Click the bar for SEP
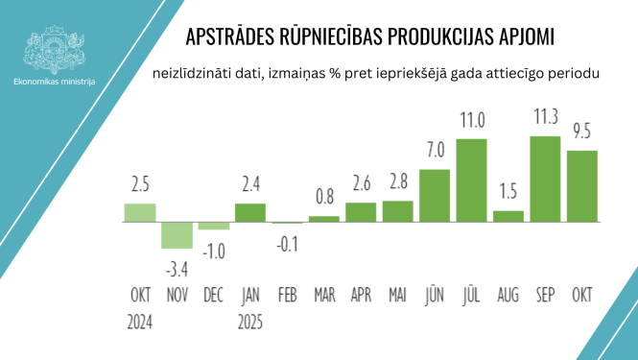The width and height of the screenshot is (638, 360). click(x=545, y=180)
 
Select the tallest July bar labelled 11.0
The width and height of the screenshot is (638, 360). click(x=471, y=180)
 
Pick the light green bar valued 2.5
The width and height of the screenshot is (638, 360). click(x=139, y=212)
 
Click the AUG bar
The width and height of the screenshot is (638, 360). click(x=508, y=216)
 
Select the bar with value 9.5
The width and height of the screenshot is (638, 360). click(x=582, y=186)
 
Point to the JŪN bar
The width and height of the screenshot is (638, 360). click(x=435, y=196)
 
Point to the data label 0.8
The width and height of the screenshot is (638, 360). click(x=324, y=199)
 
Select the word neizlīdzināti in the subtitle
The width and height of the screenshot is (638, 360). click(x=188, y=75)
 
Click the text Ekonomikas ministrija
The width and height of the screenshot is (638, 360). click(x=55, y=84)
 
